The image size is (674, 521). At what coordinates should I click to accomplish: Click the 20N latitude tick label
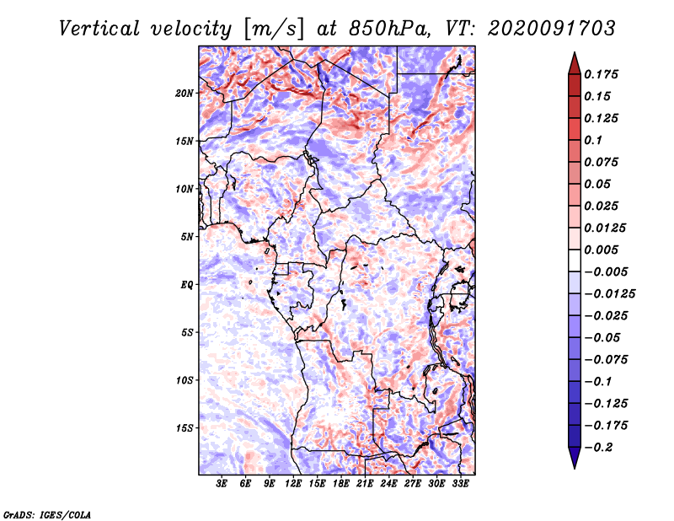pos(185,94)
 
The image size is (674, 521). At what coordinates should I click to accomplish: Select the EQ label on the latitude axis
pos(187,285)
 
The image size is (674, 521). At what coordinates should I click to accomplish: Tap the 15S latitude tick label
pos(185,428)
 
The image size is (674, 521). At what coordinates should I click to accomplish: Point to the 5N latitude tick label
pos(187,237)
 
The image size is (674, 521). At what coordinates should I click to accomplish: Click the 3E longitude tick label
pos(222,484)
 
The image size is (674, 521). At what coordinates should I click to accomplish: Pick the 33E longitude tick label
pos(460,484)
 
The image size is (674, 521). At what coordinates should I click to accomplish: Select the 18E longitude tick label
pos(341,484)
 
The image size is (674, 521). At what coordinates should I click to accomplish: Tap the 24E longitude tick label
pos(388,484)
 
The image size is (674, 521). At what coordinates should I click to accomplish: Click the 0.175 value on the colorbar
pos(602,74)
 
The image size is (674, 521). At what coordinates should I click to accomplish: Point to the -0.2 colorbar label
pos(598,448)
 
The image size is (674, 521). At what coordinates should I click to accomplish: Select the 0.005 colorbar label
pos(602,250)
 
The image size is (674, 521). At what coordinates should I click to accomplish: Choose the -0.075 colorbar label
pos(606,360)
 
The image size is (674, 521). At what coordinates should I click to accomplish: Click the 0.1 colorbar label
pos(593,140)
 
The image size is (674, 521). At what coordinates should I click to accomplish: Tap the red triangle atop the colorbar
pos(575,64)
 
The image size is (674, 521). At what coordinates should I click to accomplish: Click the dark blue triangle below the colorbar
pos(575,458)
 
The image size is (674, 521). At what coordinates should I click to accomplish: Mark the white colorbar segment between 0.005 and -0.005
pos(575,260)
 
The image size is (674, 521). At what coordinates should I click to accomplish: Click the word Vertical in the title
pos(99,29)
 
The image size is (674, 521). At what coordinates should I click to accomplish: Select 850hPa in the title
pos(389,29)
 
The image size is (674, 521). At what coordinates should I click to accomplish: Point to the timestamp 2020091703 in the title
pos(552,29)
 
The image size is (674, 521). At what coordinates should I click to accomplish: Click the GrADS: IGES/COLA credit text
pos(47,514)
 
